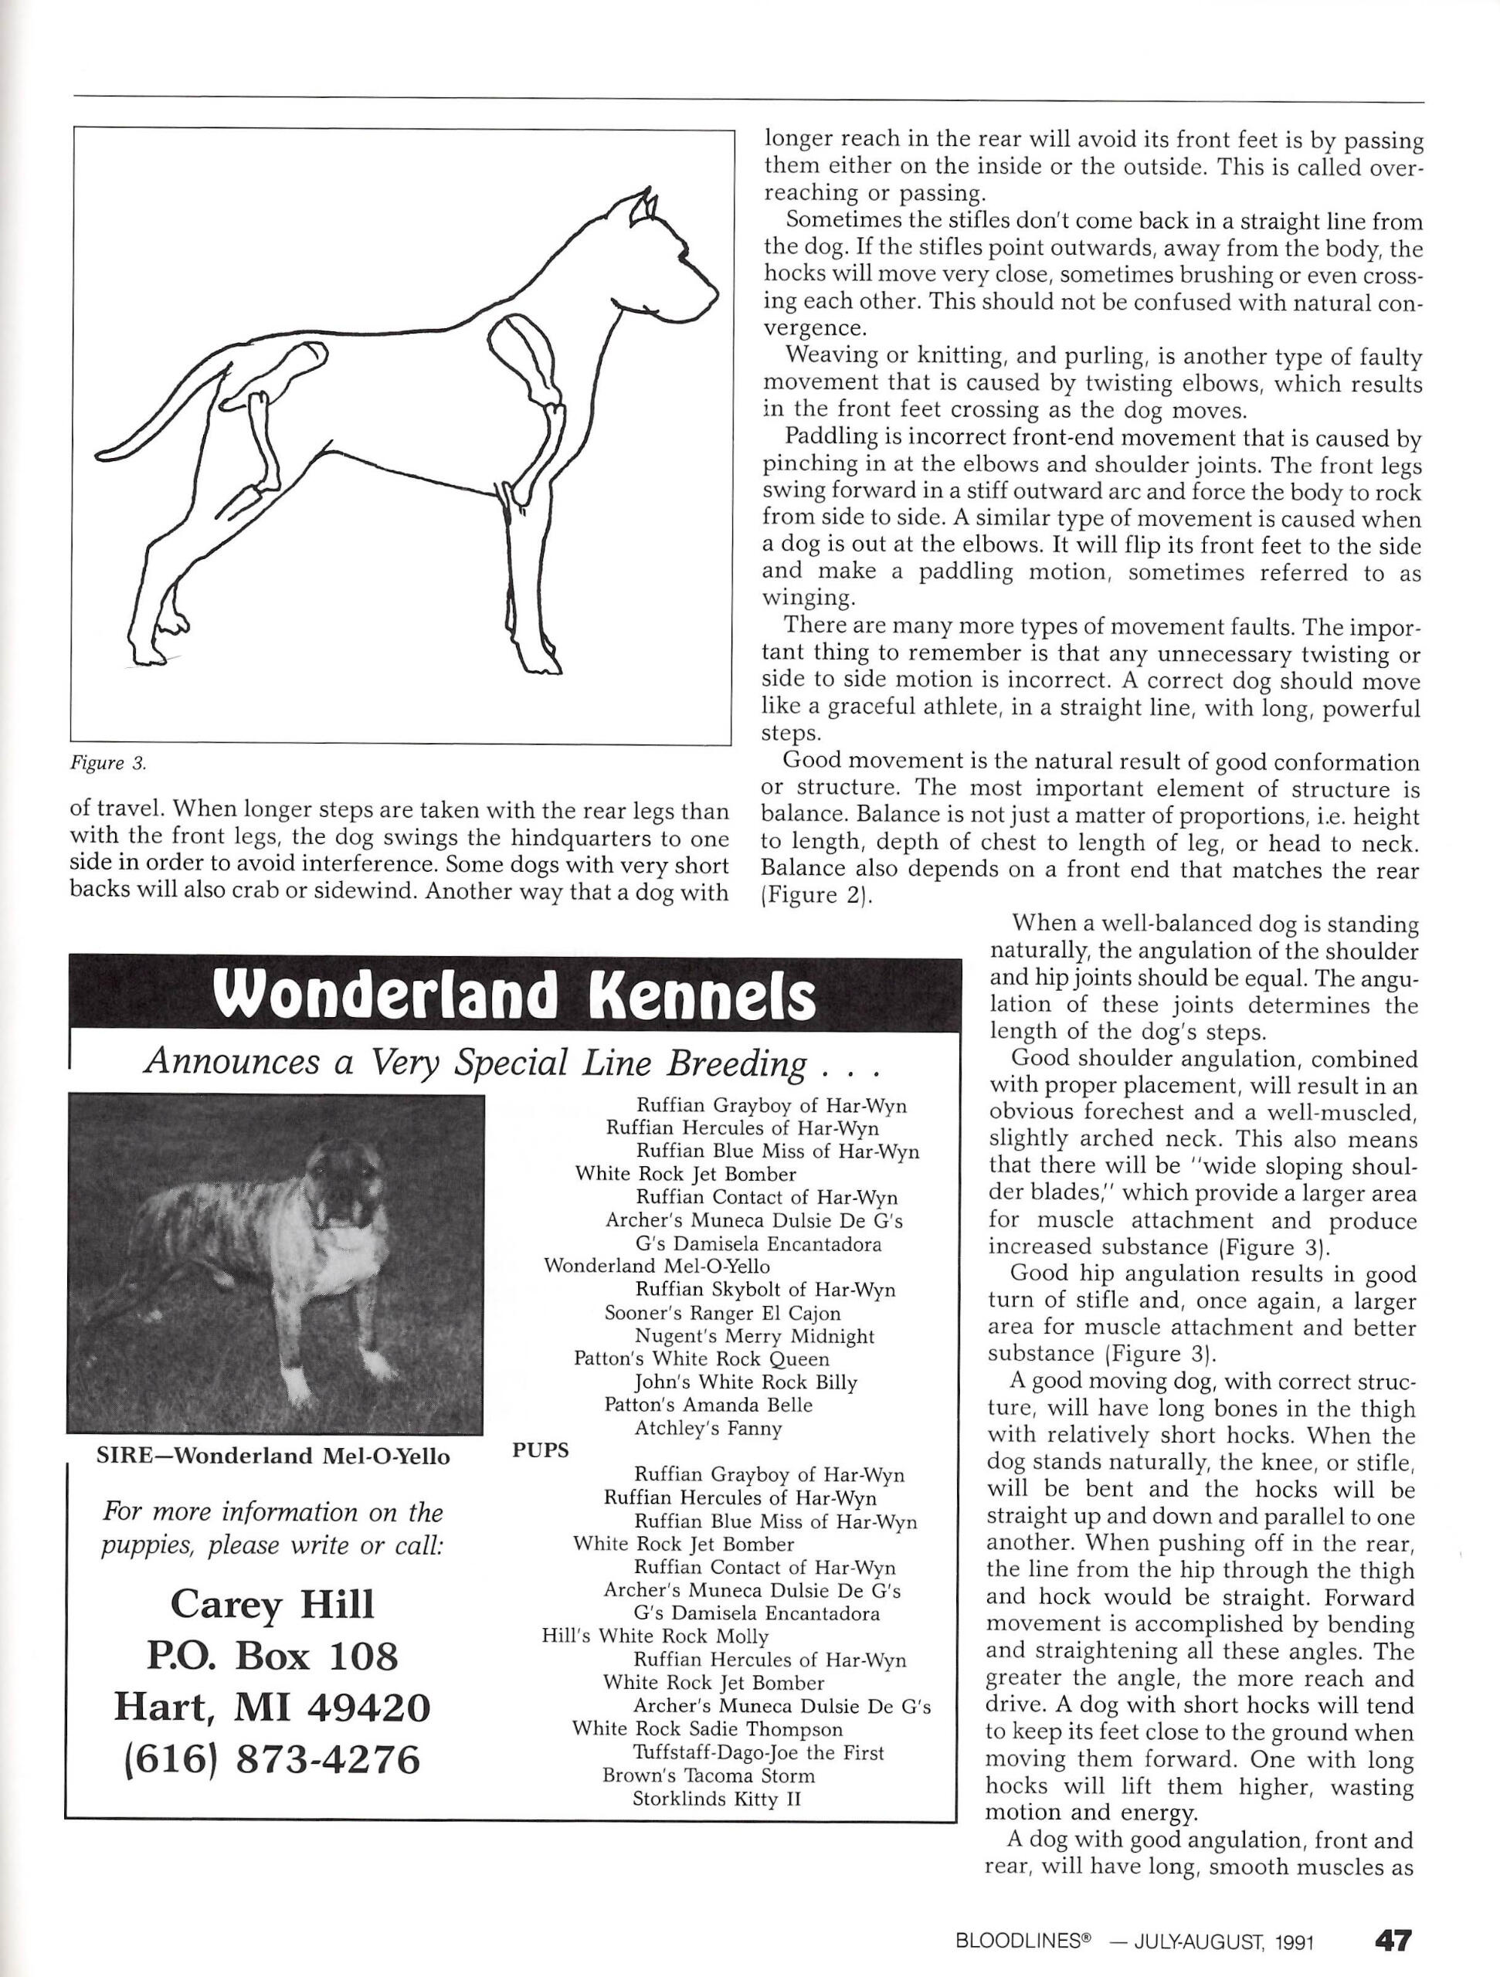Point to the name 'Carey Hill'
(272, 1604)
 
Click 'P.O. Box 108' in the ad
(272, 1657)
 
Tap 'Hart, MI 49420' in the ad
(272, 1708)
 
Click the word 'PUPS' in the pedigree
(540, 1450)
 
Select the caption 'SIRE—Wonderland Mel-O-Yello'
(273, 1456)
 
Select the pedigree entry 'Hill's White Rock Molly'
(655, 1636)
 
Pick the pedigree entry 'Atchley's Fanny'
(708, 1428)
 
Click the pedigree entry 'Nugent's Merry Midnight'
(755, 1336)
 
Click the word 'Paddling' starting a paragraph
(823, 438)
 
